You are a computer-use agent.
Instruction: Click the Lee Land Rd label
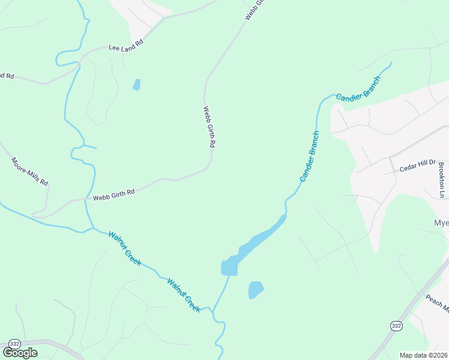pyautogui.click(x=125, y=46)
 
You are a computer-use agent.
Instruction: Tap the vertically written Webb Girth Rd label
pyautogui.click(x=209, y=127)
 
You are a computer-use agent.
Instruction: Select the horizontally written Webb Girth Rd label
pyautogui.click(x=113, y=194)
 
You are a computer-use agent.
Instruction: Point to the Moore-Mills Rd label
pyautogui.click(x=29, y=172)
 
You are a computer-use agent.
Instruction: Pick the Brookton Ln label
pyautogui.click(x=442, y=179)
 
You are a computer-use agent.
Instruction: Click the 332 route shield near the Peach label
pyautogui.click(x=396, y=325)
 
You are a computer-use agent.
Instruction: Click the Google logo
pyautogui.click(x=20, y=352)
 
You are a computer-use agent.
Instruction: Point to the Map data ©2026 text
pyautogui.click(x=423, y=355)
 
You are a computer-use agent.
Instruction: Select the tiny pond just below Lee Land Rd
pyautogui.click(x=136, y=85)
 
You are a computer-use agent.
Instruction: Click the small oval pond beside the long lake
pyautogui.click(x=256, y=290)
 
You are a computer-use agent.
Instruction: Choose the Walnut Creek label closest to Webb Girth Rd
pyautogui.click(x=125, y=248)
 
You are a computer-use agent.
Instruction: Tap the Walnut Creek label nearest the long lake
pyautogui.click(x=184, y=294)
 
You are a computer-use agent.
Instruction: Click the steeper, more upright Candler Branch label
pyautogui.click(x=310, y=157)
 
